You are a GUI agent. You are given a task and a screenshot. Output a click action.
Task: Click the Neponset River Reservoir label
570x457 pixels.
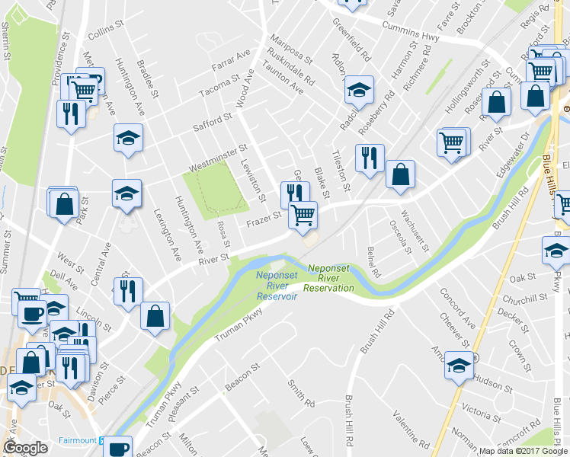(x=276, y=286)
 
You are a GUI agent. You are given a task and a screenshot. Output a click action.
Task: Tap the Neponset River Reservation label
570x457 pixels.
(x=330, y=278)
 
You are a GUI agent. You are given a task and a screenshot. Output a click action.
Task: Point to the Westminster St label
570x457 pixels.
(x=218, y=155)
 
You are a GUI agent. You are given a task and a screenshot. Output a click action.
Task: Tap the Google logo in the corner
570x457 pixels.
(x=25, y=448)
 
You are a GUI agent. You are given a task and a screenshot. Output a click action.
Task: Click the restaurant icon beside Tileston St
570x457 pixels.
(x=370, y=158)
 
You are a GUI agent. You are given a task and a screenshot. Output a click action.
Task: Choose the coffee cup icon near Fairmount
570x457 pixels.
(x=117, y=447)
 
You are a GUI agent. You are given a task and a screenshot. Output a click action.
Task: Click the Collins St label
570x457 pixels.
(x=105, y=35)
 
